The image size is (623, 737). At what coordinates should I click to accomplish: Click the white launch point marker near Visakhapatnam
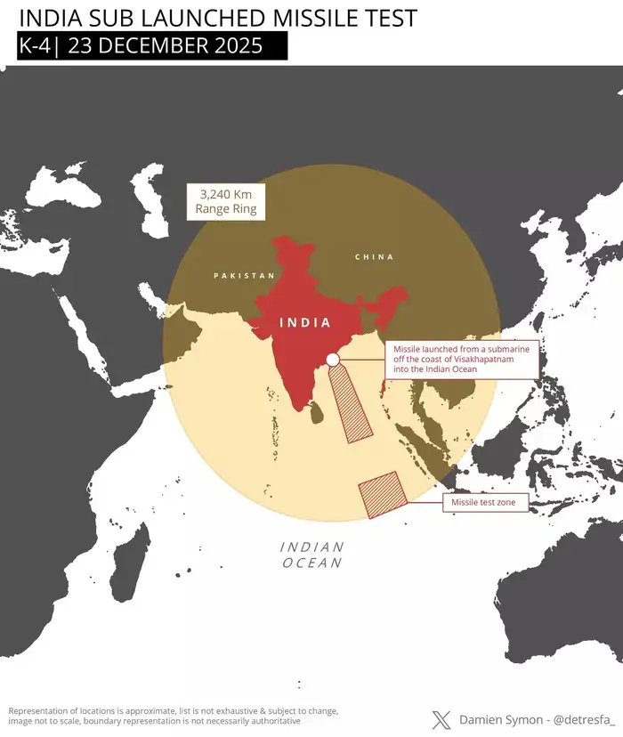tap(332, 360)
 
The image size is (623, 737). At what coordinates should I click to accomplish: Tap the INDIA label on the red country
tap(305, 323)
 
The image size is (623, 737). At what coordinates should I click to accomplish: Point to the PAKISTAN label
tap(245, 276)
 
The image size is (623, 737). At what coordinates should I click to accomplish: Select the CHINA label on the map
tap(374, 257)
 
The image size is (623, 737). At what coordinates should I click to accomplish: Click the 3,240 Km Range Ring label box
tap(226, 202)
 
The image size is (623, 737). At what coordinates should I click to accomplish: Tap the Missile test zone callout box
tap(489, 504)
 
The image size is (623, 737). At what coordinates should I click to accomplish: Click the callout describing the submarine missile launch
tap(461, 360)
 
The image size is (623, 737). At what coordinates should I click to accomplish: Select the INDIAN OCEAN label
tap(312, 555)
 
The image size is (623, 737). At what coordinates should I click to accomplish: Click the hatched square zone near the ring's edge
tap(381, 494)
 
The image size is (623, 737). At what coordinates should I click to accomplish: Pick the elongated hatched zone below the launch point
tap(352, 405)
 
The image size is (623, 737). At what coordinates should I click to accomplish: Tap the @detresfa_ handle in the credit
tap(585, 719)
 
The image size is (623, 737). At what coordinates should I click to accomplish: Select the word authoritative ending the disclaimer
tap(270, 721)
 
